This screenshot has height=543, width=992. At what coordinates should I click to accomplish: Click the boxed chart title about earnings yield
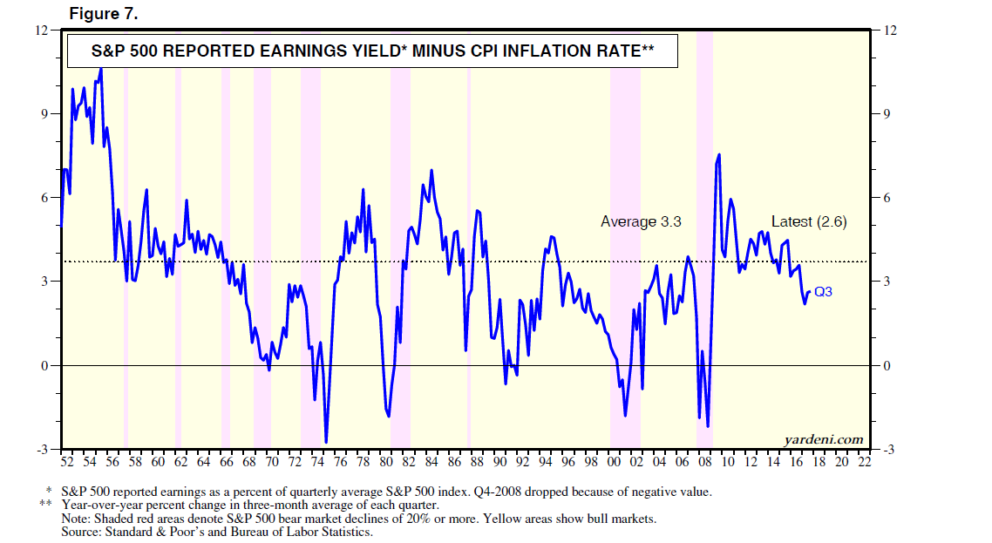click(372, 51)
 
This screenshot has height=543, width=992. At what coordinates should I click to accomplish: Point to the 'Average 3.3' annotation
click(641, 222)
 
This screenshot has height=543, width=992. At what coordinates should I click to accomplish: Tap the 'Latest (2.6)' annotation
click(809, 222)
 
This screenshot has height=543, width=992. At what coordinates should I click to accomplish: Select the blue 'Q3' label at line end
click(823, 292)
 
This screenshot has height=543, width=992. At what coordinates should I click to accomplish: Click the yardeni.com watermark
click(824, 438)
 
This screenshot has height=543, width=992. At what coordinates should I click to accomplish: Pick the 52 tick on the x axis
click(67, 461)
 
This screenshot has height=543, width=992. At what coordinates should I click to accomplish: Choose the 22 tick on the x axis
click(864, 461)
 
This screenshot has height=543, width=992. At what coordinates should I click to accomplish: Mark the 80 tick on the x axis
click(386, 461)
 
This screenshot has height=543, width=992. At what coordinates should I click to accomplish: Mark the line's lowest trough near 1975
click(326, 442)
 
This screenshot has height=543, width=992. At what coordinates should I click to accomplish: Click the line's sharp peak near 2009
click(719, 154)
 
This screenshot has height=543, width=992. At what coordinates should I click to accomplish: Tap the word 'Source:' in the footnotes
click(83, 531)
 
